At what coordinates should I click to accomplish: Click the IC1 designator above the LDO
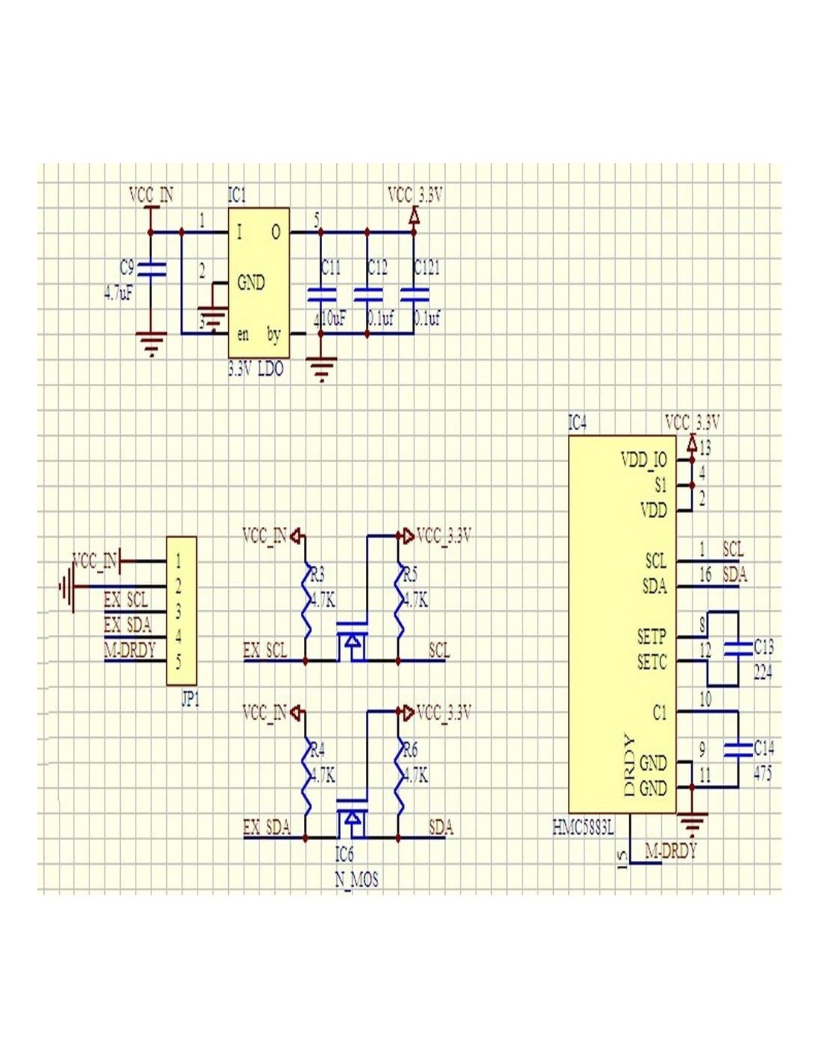click(236, 195)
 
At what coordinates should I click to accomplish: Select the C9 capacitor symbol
click(153, 269)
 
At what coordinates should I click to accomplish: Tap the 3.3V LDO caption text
click(256, 369)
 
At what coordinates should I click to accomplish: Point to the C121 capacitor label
click(427, 268)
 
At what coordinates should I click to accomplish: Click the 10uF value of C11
click(332, 319)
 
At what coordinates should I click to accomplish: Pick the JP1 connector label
click(190, 700)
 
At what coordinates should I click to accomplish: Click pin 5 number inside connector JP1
click(178, 661)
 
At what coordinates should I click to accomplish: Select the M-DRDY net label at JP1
click(130, 650)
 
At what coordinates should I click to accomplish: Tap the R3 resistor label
click(318, 575)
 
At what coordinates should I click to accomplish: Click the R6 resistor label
click(410, 750)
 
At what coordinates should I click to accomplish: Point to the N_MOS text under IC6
click(356, 880)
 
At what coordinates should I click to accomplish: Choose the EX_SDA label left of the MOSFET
click(266, 827)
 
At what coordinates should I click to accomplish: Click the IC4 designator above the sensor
click(577, 423)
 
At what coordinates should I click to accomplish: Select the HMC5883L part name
click(584, 827)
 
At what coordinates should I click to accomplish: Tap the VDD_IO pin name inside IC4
click(643, 460)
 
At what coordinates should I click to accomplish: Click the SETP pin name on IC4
click(651, 636)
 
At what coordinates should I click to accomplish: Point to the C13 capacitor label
click(763, 646)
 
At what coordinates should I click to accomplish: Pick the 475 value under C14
click(763, 774)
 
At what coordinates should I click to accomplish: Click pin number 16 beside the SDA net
click(705, 575)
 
